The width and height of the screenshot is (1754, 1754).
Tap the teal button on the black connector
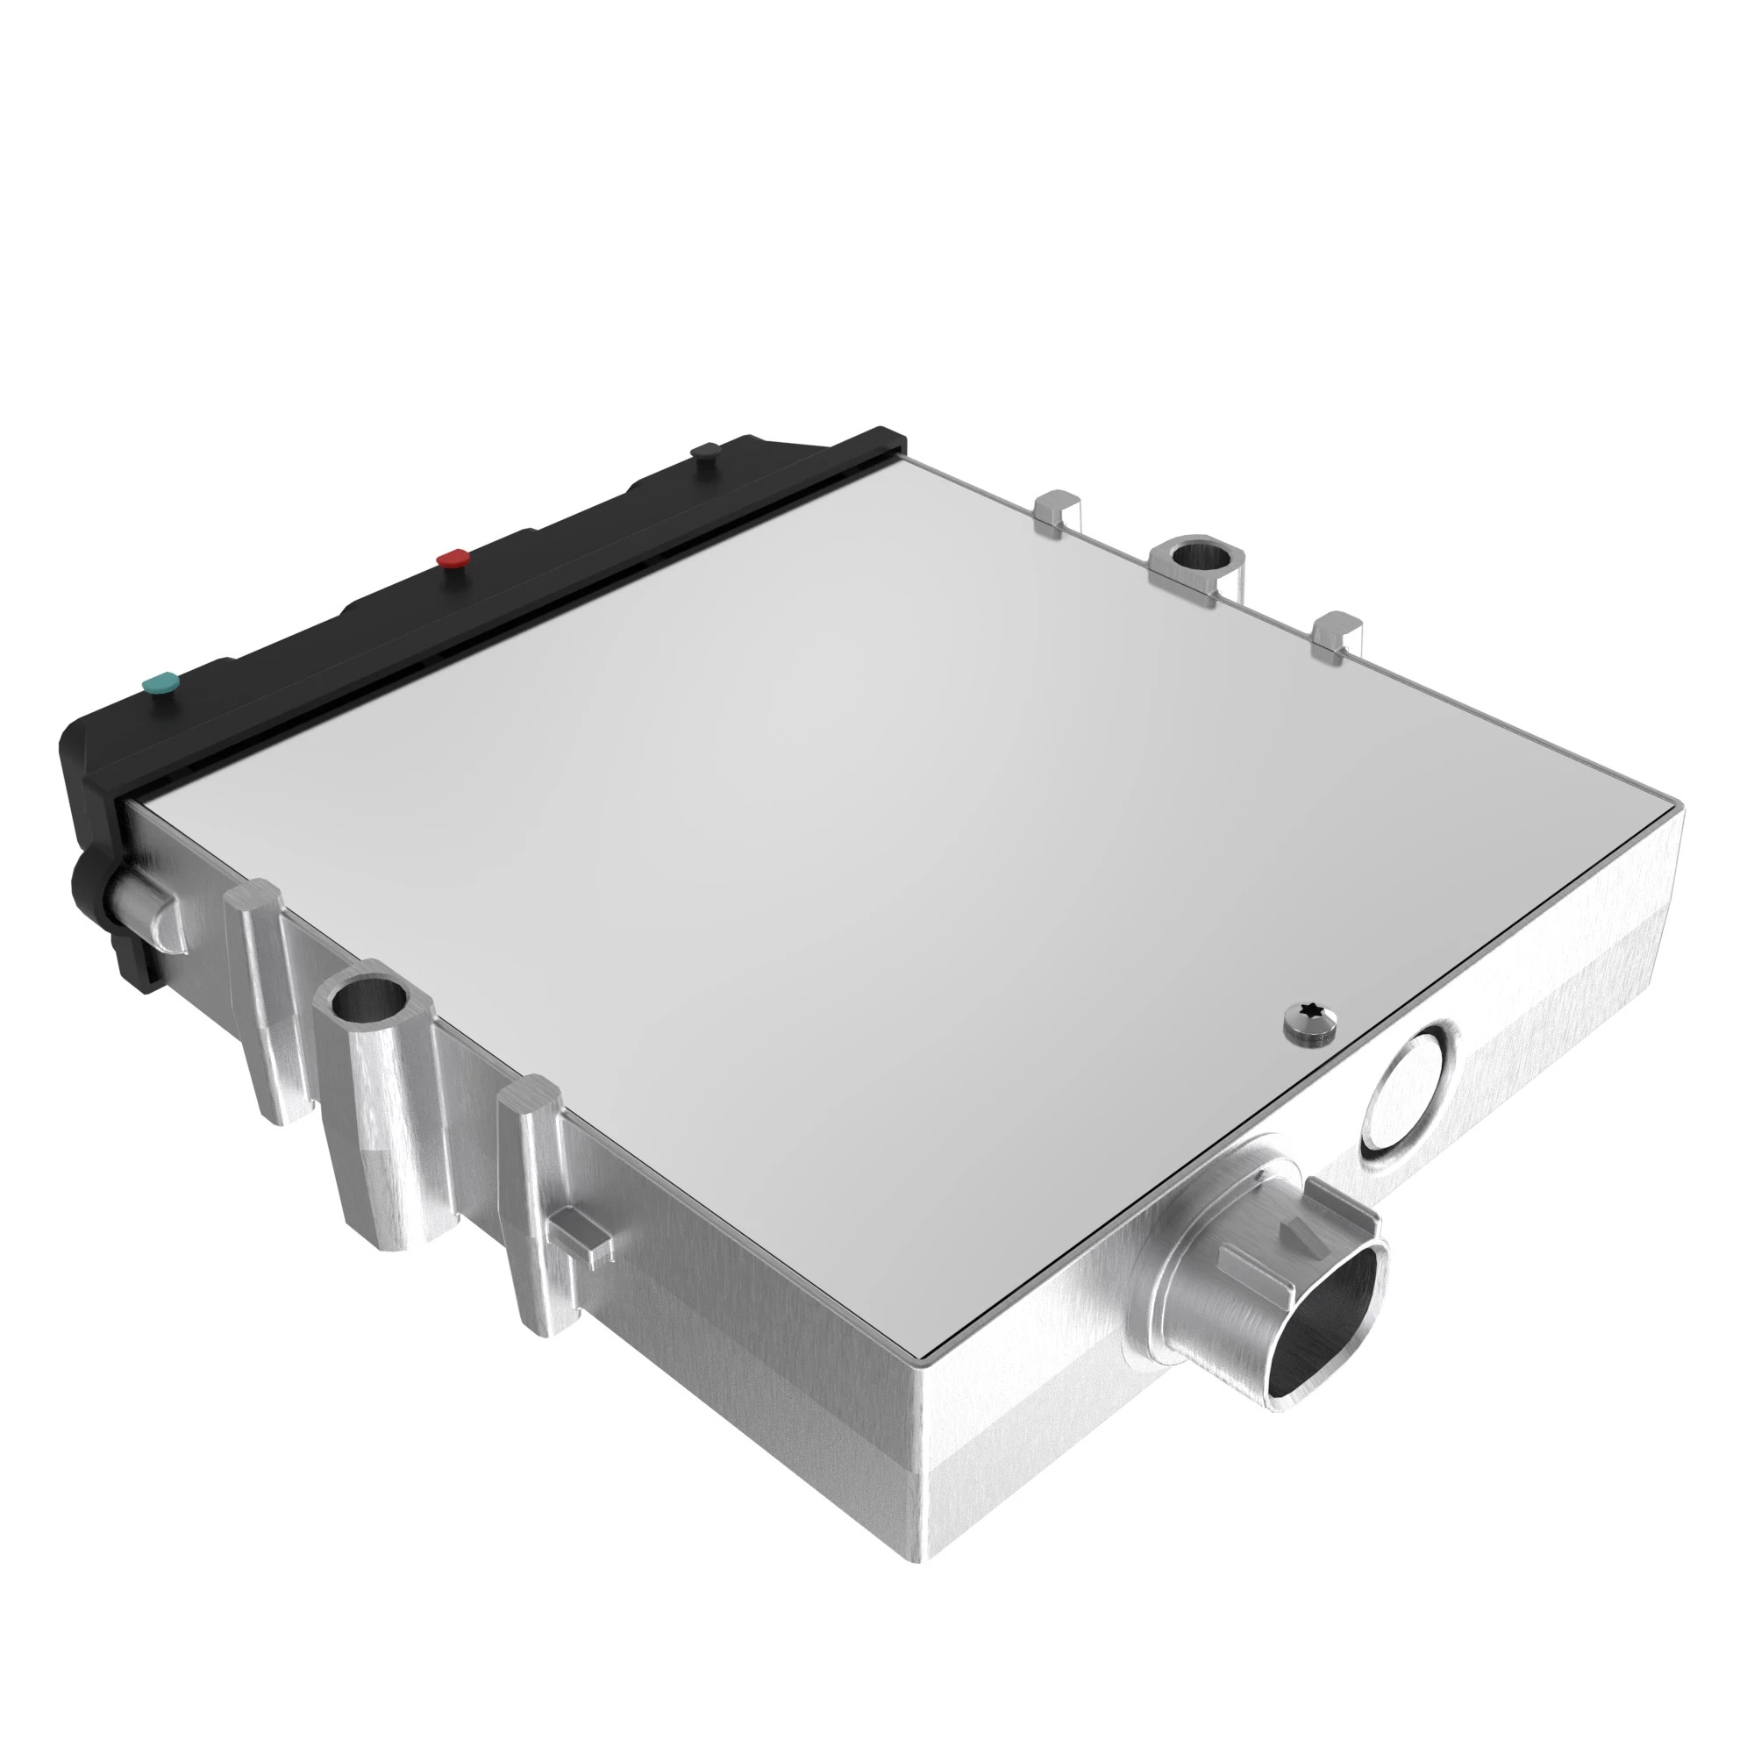point(160,682)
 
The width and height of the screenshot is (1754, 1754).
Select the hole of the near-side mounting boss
point(368,1003)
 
